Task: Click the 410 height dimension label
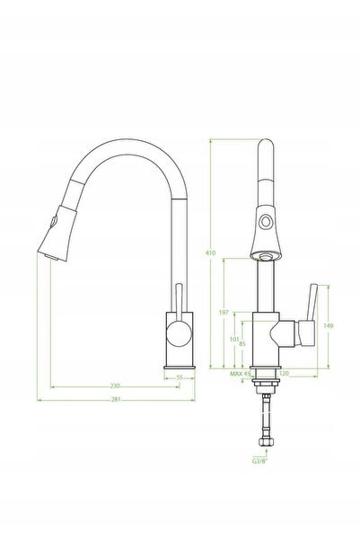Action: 210,252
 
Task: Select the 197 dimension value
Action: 224,313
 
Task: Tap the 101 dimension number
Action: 234,340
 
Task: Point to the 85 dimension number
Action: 242,344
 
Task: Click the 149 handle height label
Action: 329,325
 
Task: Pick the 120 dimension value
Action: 284,373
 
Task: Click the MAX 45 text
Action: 241,374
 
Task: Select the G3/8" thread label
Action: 259,461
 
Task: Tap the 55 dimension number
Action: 180,377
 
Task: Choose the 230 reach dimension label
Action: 115,385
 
